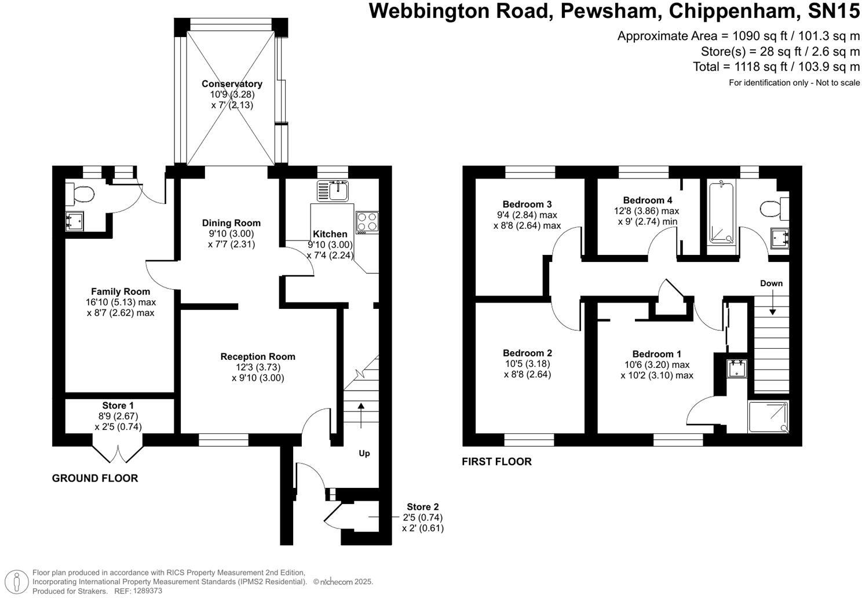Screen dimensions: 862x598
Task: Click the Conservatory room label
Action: coord(232,83)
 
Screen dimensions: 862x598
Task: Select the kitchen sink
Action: coord(333,191)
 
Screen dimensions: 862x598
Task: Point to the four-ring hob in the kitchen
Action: coord(367,222)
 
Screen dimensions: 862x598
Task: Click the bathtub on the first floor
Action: coord(722,214)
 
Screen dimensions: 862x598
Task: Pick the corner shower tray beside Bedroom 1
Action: coord(768,417)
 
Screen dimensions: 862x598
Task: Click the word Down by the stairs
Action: coord(771,283)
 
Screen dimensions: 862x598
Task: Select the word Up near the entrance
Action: coord(364,453)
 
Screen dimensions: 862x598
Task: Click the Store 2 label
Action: coord(422,507)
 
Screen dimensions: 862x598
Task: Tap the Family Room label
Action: coord(120,291)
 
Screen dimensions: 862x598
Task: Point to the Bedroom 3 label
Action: coord(527,204)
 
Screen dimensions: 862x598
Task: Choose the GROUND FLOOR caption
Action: coord(94,478)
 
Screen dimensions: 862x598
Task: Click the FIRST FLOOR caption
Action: coord(496,462)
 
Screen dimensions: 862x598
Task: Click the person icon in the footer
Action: coord(16,581)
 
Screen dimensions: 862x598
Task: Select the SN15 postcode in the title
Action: coord(834,11)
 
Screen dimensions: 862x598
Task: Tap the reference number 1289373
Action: coord(147,590)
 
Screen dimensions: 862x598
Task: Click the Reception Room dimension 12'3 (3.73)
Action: coord(258,367)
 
